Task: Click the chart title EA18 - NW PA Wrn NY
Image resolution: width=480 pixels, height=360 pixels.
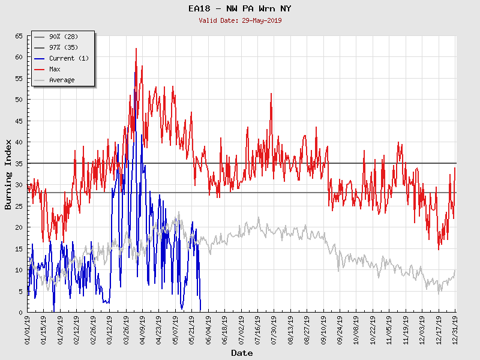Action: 239,9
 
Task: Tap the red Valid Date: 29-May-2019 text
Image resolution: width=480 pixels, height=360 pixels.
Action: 239,20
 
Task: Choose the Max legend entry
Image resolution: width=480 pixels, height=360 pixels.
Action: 55,69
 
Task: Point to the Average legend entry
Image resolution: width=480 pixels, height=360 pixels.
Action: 62,80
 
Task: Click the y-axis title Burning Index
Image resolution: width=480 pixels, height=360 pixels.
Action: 8,174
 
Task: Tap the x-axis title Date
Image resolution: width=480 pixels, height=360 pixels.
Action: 242,353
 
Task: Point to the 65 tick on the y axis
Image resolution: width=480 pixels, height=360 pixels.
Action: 19,36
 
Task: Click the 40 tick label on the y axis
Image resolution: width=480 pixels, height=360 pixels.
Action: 19,142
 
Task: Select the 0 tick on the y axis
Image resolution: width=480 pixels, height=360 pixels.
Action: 20,312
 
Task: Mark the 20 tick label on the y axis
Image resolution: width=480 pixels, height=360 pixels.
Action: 19,227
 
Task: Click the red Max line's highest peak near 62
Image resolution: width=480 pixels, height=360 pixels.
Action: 136,49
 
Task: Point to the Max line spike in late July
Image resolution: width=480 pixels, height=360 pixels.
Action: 271,94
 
